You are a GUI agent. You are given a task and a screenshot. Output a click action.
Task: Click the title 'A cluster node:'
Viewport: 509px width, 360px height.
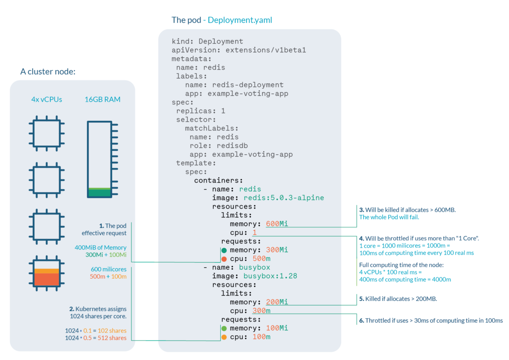[x=48, y=71]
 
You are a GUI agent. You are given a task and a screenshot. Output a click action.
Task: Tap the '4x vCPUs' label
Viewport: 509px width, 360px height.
[x=47, y=100]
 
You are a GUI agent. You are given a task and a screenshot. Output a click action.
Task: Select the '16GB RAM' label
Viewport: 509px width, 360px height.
[x=103, y=100]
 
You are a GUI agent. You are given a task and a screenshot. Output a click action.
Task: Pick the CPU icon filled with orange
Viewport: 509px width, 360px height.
[x=47, y=277]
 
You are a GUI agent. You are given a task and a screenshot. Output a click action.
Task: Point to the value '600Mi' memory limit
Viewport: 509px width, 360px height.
[x=277, y=224]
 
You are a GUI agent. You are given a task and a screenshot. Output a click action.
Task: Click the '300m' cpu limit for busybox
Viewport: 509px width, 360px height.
[x=261, y=311]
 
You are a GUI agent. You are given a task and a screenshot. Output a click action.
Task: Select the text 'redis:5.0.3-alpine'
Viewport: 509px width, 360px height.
[x=284, y=198]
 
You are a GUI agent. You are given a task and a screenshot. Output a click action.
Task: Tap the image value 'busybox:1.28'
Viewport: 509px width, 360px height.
[x=270, y=276]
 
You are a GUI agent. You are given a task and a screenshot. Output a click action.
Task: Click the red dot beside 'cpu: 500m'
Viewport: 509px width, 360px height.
[x=224, y=259]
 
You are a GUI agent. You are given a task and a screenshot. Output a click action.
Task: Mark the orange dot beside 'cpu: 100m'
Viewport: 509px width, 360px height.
[x=224, y=337]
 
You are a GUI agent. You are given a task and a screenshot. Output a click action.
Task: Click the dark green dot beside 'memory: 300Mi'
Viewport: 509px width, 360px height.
[x=224, y=250]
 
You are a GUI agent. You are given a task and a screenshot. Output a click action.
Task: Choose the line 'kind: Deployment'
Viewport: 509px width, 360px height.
[x=207, y=42]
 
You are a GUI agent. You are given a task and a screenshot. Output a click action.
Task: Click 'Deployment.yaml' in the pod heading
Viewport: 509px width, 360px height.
[x=240, y=20]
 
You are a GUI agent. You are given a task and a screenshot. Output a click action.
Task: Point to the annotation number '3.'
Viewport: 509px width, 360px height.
[x=362, y=210]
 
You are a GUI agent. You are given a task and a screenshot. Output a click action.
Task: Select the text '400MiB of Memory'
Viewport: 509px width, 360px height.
[x=100, y=247]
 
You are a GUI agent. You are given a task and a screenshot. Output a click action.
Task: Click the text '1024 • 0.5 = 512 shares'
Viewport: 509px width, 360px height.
[x=96, y=338]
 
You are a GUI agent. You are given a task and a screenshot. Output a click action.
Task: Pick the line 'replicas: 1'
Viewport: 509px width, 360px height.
[x=201, y=111]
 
